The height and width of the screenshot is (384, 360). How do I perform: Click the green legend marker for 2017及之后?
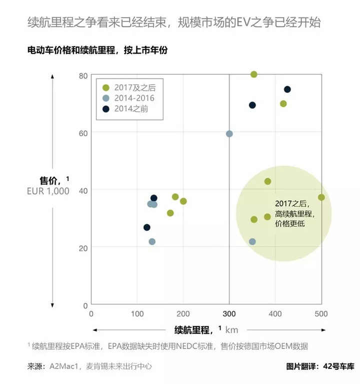(105, 87)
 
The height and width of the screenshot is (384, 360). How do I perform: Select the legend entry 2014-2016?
(132, 98)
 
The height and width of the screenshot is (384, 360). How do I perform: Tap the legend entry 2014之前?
(131, 108)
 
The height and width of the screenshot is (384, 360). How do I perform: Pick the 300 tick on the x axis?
(229, 314)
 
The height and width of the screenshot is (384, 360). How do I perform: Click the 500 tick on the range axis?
(321, 314)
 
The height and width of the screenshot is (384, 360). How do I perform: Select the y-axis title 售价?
(50, 180)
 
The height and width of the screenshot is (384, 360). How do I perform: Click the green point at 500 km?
(321, 197)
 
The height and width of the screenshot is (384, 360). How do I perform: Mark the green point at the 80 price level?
(254, 75)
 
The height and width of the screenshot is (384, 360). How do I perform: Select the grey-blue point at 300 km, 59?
(229, 134)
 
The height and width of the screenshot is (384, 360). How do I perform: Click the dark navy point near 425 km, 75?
(287, 90)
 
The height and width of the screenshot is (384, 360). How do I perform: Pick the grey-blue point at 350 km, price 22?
(252, 241)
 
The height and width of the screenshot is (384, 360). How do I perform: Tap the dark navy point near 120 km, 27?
(147, 227)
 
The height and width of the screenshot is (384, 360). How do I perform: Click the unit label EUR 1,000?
(48, 191)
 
